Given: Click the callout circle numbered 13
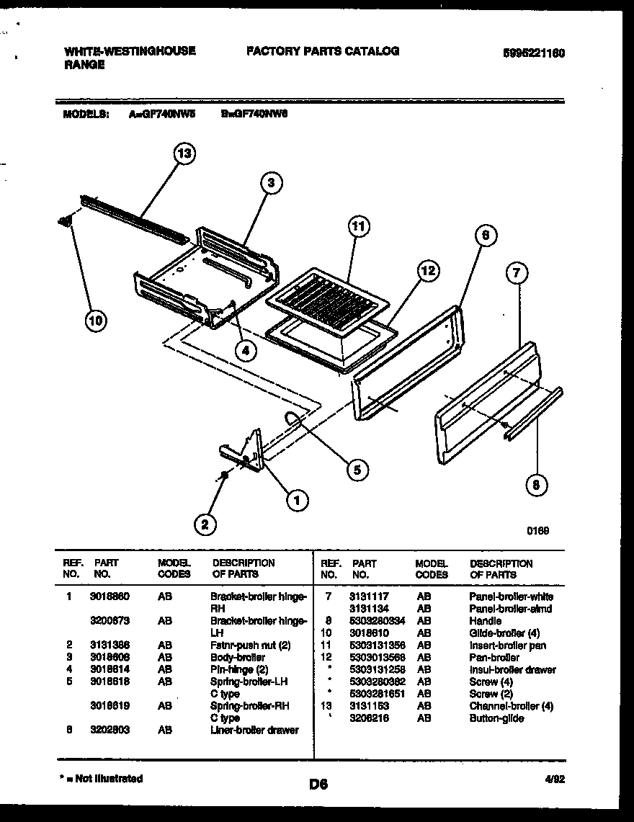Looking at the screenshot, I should (185, 154).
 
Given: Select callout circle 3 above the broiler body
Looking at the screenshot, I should (271, 183).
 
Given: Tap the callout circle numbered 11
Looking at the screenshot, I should (358, 226).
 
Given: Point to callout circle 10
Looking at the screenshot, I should (94, 320).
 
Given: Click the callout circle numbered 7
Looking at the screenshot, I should (517, 272).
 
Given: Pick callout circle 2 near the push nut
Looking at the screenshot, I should (205, 525).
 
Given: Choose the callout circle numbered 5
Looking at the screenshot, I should (355, 470).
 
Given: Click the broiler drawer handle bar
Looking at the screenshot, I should (534, 414).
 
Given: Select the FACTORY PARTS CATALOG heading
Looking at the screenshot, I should (322, 51).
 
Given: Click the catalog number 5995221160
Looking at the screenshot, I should (534, 53).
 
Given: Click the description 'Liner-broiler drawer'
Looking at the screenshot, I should (254, 730).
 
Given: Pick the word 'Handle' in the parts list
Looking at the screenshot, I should (485, 620).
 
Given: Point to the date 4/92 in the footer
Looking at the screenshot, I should (553, 778).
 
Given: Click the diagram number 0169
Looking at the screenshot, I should (537, 530).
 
